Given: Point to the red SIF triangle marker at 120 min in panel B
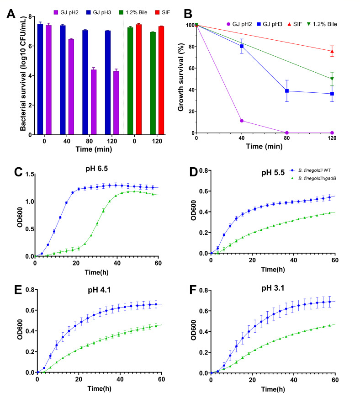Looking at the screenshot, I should coord(331,51).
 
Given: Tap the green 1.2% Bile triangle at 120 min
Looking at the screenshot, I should coord(331,79).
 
